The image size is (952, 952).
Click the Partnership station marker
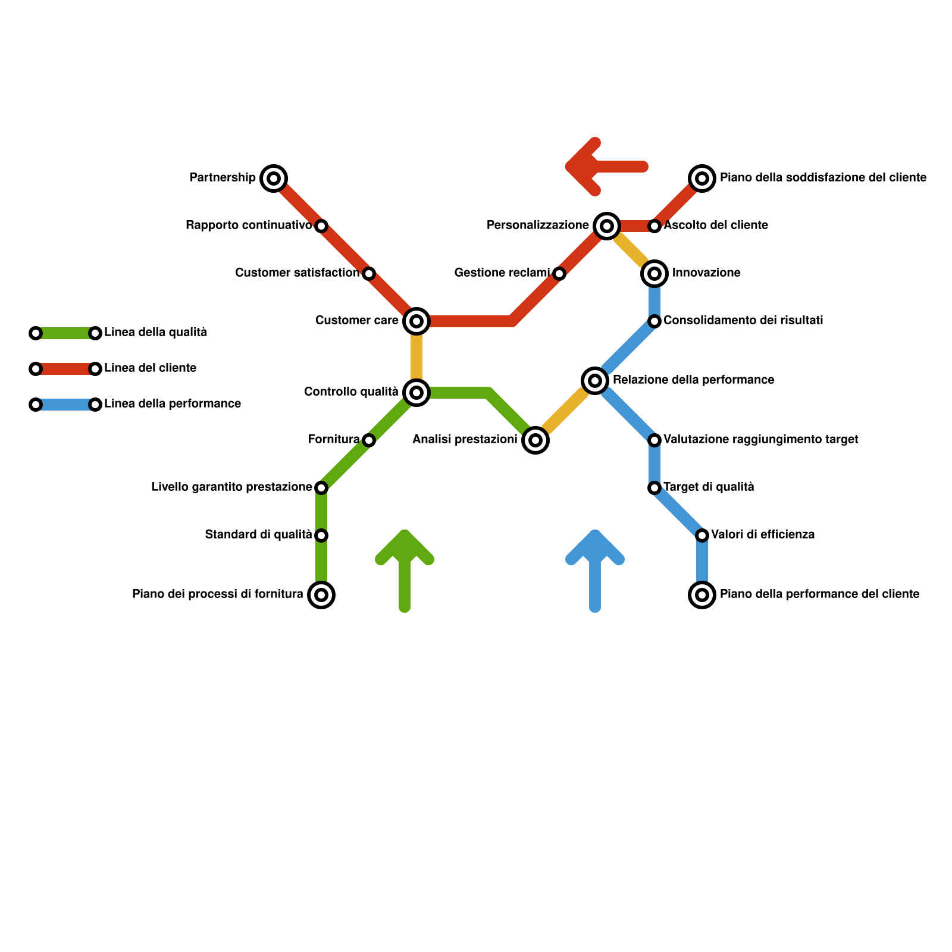(274, 178)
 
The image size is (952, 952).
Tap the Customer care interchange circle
(416, 321)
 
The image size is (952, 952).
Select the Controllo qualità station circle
(416, 392)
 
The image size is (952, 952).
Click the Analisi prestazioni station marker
(535, 440)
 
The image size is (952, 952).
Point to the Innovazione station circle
(654, 274)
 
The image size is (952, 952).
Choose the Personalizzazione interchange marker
(606, 226)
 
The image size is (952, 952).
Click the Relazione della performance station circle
(595, 380)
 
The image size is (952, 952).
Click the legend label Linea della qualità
(156, 333)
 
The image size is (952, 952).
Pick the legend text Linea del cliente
(151, 368)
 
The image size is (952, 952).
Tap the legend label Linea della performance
(173, 404)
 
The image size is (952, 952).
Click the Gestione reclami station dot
(559, 274)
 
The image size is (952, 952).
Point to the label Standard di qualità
(258, 535)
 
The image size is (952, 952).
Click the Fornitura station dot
(369, 440)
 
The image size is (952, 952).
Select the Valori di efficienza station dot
(702, 535)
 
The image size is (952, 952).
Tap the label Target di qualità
(709, 487)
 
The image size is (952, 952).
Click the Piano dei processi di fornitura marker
(321, 595)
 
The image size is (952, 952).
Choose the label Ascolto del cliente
(716, 226)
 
